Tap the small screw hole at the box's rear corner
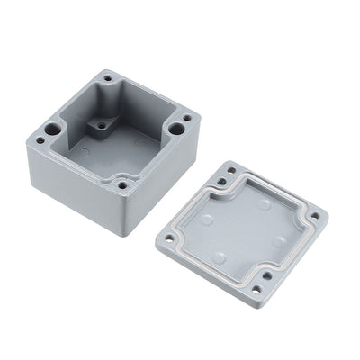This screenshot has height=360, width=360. tap(108, 79)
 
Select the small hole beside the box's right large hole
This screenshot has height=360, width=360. tap(186, 117)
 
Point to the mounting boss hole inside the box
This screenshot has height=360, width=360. tap(102, 127)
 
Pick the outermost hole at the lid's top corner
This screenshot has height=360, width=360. tap(232, 168)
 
